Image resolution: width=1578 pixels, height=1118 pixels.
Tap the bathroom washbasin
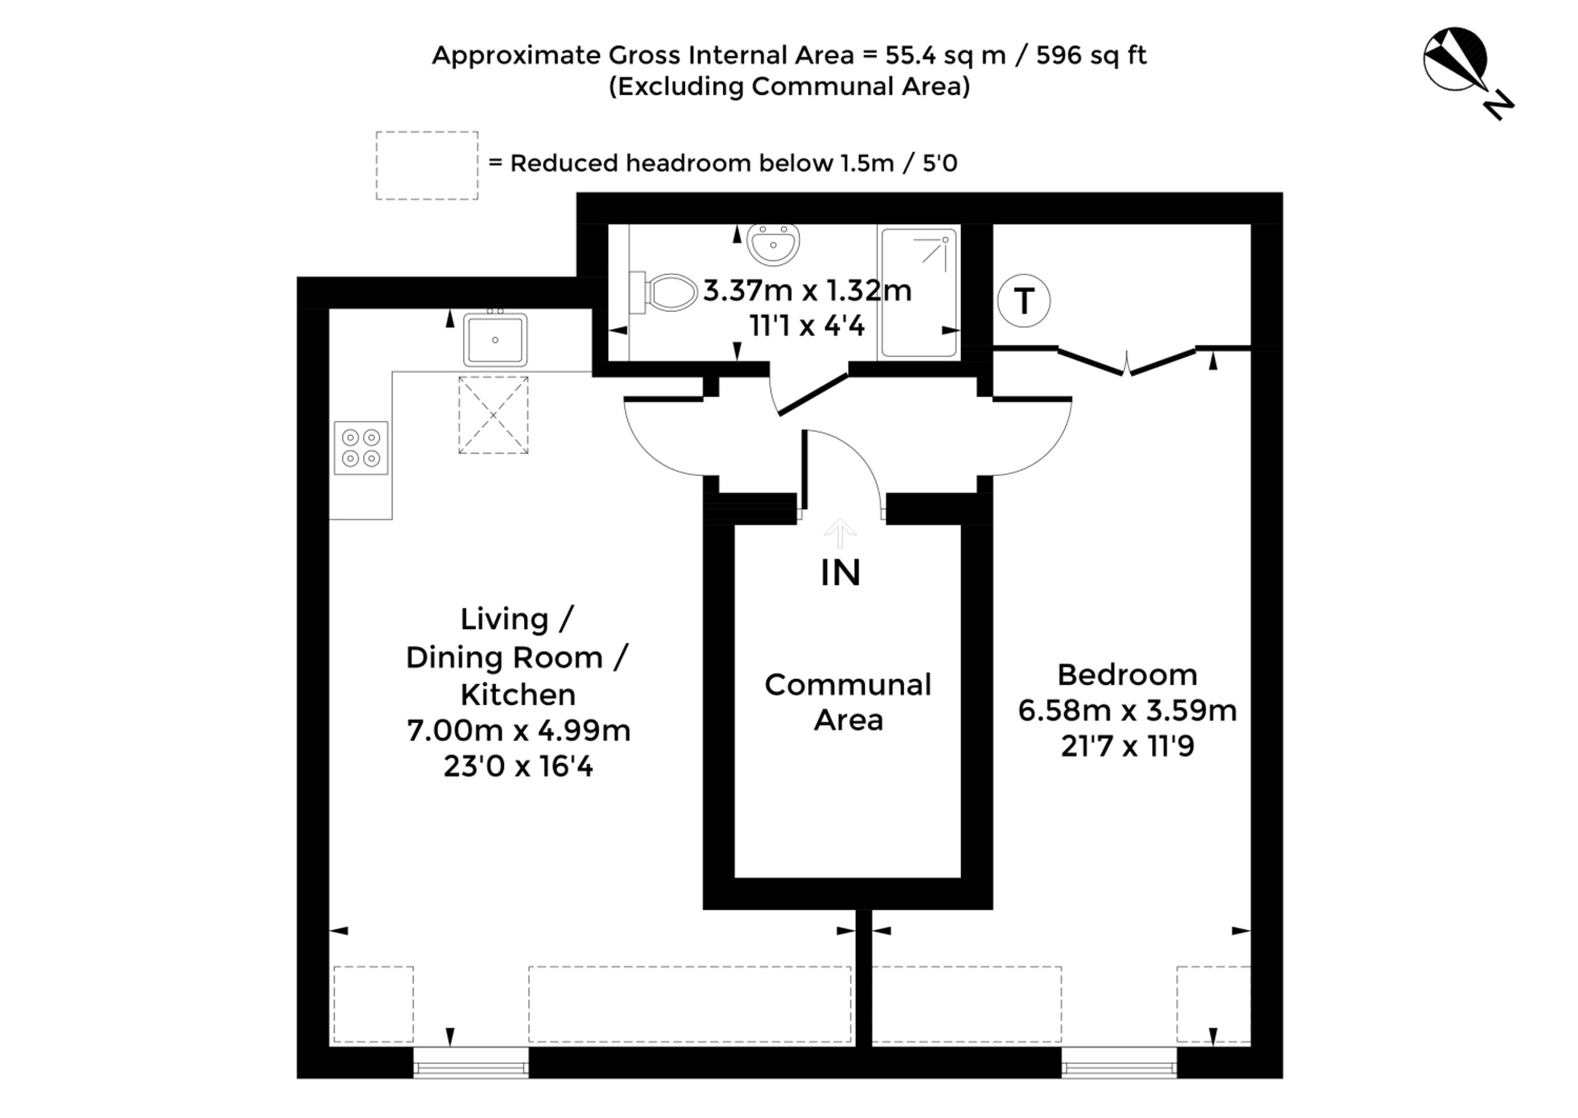(773, 243)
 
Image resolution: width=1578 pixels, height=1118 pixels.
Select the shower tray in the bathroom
(919, 293)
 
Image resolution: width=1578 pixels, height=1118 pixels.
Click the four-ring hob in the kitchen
(361, 447)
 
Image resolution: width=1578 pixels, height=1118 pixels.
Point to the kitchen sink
(495, 339)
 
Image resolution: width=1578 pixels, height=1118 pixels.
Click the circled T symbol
(1024, 301)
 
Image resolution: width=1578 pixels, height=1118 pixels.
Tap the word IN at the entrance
(841, 573)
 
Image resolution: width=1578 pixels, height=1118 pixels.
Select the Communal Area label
(848, 702)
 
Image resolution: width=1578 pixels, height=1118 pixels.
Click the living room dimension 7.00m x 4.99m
(518, 730)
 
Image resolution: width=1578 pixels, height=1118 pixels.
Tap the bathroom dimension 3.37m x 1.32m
(807, 291)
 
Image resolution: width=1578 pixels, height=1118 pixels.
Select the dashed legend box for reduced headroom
(427, 166)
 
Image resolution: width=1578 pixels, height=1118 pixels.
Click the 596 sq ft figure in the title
(1091, 55)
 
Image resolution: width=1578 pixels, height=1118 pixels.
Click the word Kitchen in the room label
(518, 695)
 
